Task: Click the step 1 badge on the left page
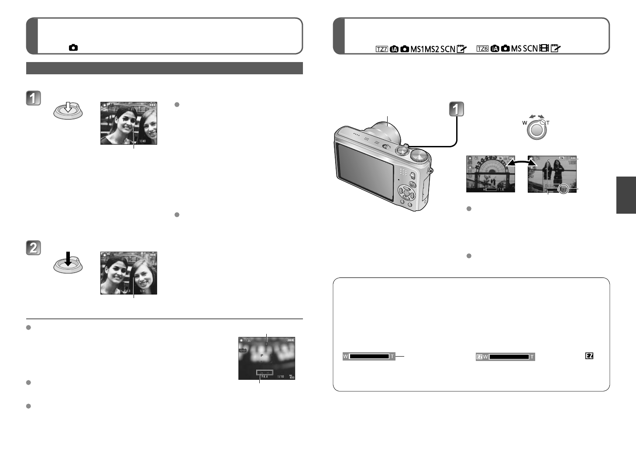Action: click(33, 98)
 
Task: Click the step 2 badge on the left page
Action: click(33, 248)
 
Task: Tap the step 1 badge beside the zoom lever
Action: click(457, 109)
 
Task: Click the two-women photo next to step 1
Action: click(128, 123)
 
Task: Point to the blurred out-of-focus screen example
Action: click(266, 358)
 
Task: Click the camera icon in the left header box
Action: click(73, 48)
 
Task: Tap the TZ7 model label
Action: click(382, 49)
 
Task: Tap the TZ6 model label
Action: click(482, 49)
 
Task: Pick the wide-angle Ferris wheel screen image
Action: click(490, 174)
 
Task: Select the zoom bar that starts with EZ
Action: click(505, 357)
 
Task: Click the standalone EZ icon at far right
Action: click(589, 356)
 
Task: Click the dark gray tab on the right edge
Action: click(626, 195)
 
